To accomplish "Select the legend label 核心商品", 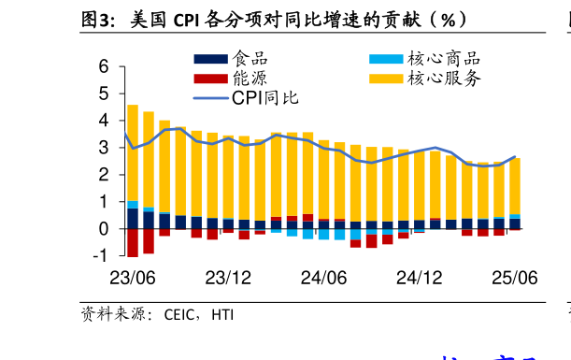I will pyautogui.click(x=444, y=59).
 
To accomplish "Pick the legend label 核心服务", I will pyautogui.click(x=444, y=79).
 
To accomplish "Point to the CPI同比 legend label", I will pyautogui.click(x=265, y=97).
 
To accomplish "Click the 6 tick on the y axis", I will pyautogui.click(x=103, y=67).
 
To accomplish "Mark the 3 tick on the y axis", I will pyautogui.click(x=103, y=148).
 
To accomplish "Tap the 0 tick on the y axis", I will pyautogui.click(x=103, y=229).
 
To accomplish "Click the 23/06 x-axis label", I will pyautogui.click(x=132, y=278).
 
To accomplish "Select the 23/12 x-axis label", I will pyautogui.click(x=228, y=278).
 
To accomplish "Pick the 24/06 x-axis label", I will pyautogui.click(x=324, y=278).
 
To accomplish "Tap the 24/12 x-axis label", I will pyautogui.click(x=419, y=278).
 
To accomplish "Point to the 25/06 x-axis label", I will pyautogui.click(x=515, y=278).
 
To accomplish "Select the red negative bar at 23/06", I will pyautogui.click(x=132, y=242).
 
